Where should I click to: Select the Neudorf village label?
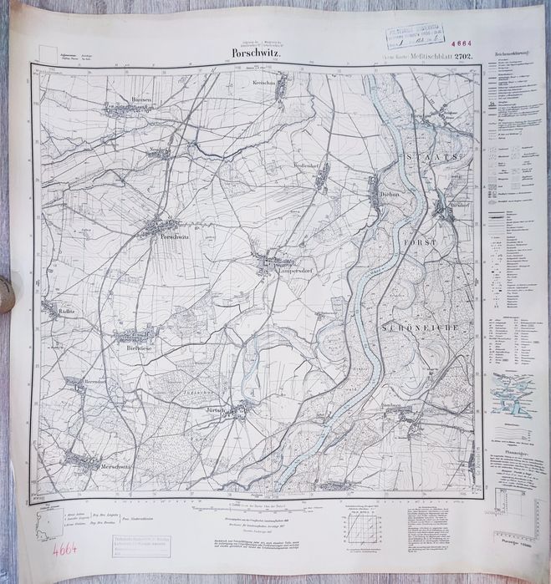pos(161,153)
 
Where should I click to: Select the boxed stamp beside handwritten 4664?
pos(140,544)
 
